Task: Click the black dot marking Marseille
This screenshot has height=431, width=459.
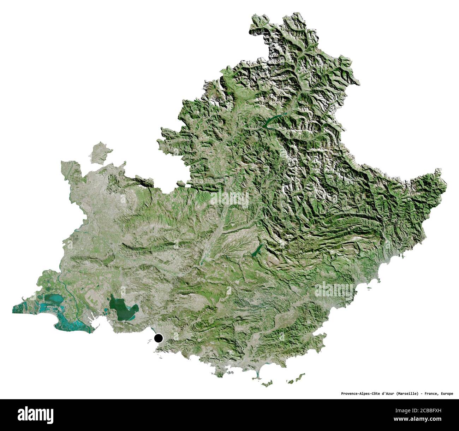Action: coord(159,338)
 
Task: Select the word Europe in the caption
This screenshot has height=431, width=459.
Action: coord(447,393)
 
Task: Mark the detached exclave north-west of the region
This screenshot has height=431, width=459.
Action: coord(100,152)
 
